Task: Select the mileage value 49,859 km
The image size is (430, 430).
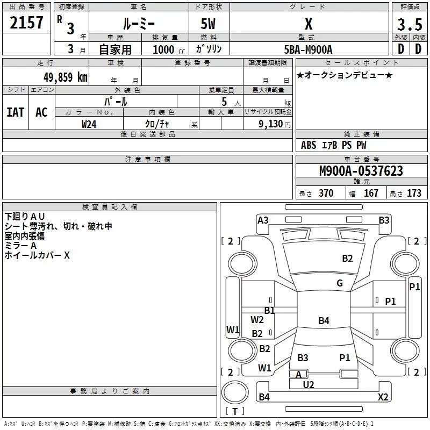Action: [x=65, y=77]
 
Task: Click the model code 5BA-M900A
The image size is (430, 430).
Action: [x=308, y=49]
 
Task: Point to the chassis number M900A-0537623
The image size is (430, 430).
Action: [x=361, y=171]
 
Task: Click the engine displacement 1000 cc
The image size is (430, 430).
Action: [x=167, y=49]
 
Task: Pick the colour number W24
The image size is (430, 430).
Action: [x=89, y=124]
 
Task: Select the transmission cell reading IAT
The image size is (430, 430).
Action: [x=15, y=112]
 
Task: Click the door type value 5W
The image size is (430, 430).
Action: [x=209, y=24]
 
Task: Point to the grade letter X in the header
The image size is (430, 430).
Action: [x=308, y=24]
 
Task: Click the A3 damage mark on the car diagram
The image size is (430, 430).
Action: [x=263, y=220]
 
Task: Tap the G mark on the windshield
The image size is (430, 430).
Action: [x=339, y=283]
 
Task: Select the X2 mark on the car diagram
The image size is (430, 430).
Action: [x=383, y=397]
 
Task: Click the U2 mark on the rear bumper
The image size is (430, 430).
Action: [x=309, y=384]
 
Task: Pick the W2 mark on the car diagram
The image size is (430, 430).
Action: [x=257, y=319]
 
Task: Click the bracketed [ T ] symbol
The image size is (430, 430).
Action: [x=235, y=412]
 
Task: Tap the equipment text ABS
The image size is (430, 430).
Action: [x=309, y=145]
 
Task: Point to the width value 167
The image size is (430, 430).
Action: [x=371, y=193]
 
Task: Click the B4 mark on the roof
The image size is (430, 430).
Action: [x=324, y=321]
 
